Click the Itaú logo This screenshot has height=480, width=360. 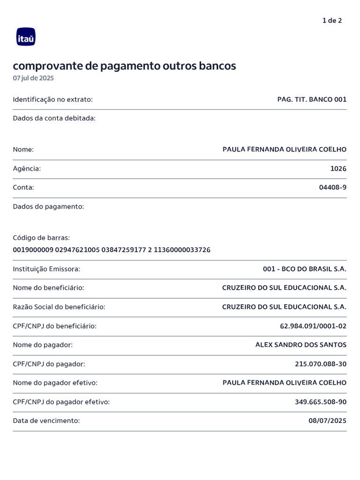[26, 37]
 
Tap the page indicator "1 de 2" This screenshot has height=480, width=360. [332, 21]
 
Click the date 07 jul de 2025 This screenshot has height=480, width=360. [33, 78]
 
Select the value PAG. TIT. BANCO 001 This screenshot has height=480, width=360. [312, 99]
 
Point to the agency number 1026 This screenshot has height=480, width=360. [338, 168]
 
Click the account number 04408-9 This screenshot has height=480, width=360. [333, 187]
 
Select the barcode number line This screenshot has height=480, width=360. [112, 250]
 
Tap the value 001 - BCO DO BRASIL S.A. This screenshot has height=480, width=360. [305, 269]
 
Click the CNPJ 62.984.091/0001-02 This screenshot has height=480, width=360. [313, 326]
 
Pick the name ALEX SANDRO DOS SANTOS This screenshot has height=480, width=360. [301, 345]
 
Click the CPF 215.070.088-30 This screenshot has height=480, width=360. [321, 364]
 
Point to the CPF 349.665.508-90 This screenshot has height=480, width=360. [321, 402]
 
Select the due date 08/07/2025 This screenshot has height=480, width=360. [327, 420]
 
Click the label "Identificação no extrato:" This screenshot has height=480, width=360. [53, 99]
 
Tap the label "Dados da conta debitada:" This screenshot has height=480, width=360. [54, 118]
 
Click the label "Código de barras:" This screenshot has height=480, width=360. [41, 238]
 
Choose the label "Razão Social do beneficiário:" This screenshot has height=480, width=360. [59, 307]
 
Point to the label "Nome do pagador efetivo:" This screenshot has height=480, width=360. [55, 383]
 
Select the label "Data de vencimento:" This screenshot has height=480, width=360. [46, 420]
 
